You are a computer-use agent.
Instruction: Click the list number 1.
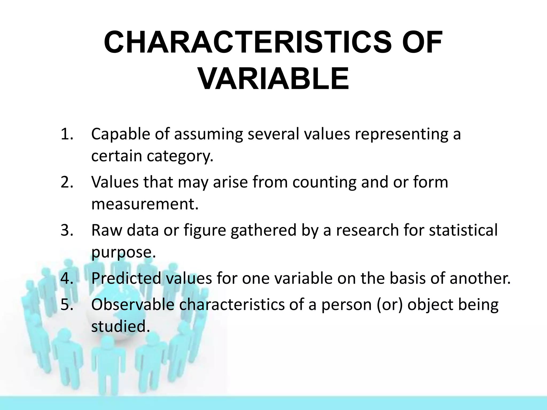67,134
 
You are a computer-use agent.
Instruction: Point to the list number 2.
67,182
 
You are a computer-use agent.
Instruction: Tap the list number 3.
67,230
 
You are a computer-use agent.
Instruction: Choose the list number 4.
67,278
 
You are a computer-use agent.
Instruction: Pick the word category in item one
180,156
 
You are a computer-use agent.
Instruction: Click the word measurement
145,204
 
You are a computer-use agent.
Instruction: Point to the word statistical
463,230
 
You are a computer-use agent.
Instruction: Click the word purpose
123,252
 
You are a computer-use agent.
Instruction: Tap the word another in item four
480,278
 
